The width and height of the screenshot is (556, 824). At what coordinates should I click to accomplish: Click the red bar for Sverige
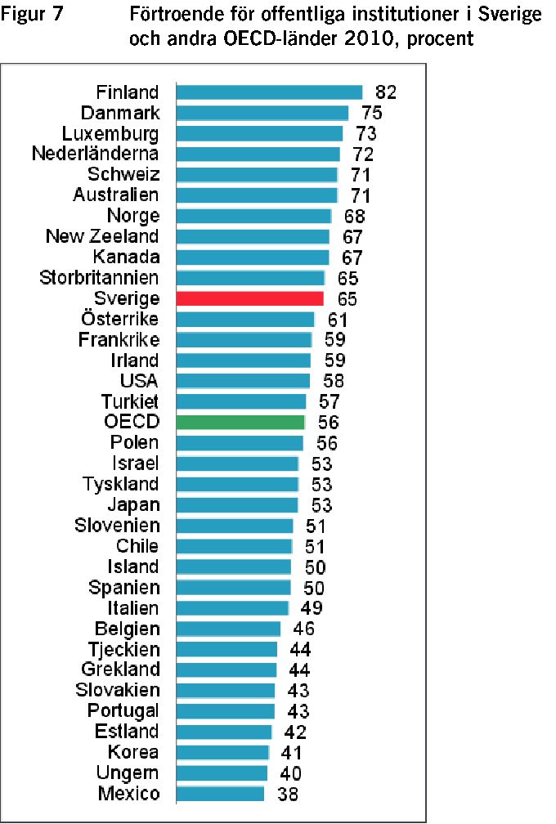249,298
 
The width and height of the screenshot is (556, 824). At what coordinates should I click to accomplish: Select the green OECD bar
240,422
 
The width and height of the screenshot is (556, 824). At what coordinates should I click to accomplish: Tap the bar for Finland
270,92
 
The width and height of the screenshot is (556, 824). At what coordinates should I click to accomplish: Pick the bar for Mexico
220,794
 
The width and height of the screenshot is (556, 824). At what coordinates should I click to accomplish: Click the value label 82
386,92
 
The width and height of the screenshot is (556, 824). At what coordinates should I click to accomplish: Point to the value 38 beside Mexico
288,794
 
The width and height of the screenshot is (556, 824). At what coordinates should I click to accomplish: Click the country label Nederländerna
95,154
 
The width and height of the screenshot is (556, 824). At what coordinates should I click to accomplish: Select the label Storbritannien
99,278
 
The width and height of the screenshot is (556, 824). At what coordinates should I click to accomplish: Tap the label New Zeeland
102,236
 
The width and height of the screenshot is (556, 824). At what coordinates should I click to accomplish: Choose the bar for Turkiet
241,401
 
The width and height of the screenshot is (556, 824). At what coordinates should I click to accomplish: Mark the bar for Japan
238,505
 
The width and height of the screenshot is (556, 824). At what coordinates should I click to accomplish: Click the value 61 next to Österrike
338,320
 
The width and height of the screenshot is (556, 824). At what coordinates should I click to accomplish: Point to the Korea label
133,752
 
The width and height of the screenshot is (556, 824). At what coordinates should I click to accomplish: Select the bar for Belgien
229,629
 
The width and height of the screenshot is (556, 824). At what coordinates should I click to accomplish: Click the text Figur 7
32,14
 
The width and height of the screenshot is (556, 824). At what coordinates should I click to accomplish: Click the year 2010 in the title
368,38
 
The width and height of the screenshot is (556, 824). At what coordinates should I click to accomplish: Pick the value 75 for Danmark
371,113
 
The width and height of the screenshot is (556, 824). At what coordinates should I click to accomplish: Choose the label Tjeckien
124,650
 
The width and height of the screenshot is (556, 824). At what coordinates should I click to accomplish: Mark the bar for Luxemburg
260,133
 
